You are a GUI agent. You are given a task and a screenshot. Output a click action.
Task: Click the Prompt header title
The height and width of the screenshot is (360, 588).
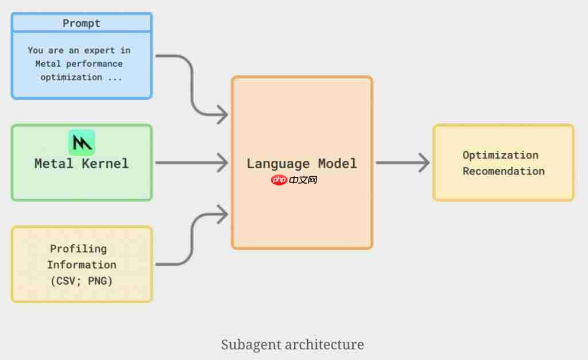pyautogui.click(x=82, y=24)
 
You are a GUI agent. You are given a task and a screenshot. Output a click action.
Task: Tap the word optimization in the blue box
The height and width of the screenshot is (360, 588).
pyautogui.click(x=71, y=77)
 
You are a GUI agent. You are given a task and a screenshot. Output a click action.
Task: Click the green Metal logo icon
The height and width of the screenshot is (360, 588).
pyautogui.click(x=82, y=142)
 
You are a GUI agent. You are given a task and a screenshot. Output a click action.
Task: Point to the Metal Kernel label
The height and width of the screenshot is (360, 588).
pyautogui.click(x=82, y=164)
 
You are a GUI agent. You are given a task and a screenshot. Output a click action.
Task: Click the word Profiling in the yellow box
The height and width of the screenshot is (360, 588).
pyautogui.click(x=79, y=249)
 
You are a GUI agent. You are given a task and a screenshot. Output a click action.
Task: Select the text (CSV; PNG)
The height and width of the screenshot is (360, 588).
pyautogui.click(x=82, y=281)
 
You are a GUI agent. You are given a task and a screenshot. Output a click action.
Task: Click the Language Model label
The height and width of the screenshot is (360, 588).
pyautogui.click(x=302, y=164)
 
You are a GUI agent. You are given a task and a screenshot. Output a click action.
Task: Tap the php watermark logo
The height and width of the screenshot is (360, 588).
pyautogui.click(x=278, y=180)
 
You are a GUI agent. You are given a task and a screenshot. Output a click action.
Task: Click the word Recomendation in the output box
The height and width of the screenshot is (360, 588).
pyautogui.click(x=504, y=171)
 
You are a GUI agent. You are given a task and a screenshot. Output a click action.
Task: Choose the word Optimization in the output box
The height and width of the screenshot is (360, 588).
pyautogui.click(x=501, y=155)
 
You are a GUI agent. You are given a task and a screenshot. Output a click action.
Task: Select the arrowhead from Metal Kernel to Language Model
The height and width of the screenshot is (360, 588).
pyautogui.click(x=223, y=163)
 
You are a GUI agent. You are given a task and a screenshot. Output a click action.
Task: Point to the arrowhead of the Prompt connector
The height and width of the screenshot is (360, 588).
pyautogui.click(x=223, y=115)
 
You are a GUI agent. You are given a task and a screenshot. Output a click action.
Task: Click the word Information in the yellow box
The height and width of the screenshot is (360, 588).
pyautogui.click(x=82, y=265)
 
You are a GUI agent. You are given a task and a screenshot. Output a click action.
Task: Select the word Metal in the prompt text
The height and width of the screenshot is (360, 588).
pyautogui.click(x=48, y=63)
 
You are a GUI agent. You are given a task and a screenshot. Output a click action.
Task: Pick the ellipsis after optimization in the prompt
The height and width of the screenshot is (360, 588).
pyautogui.click(x=115, y=78)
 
